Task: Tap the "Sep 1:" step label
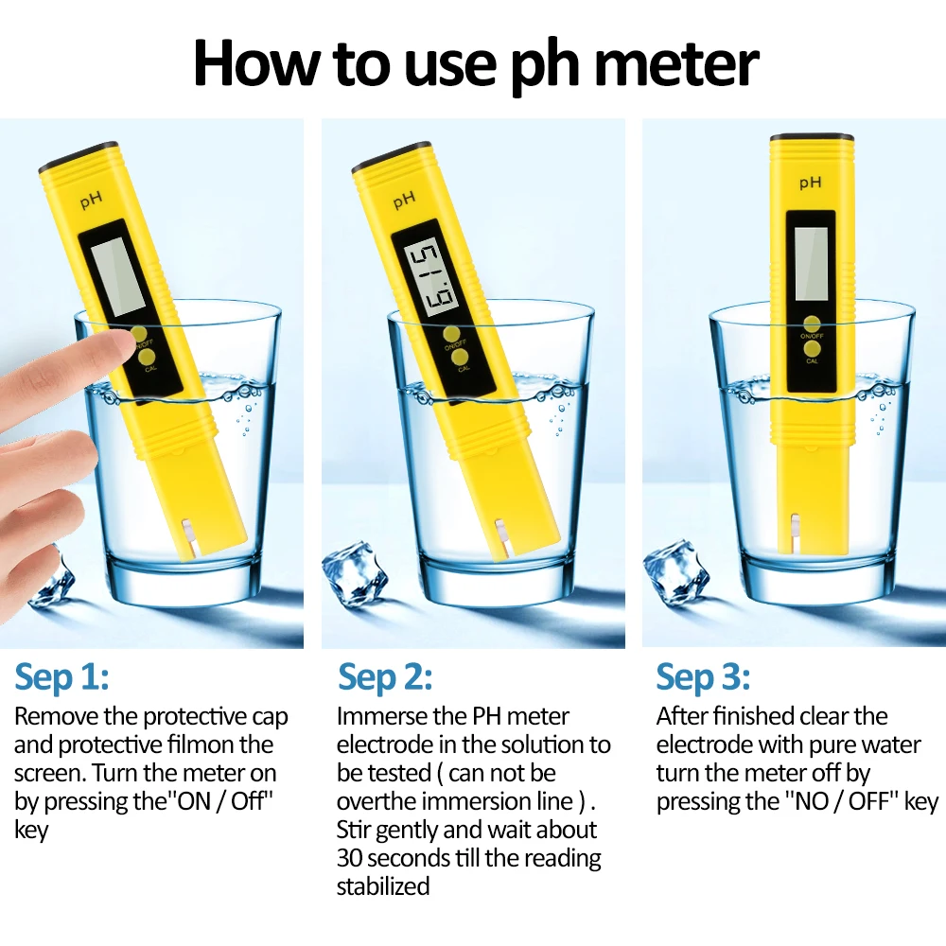point(62,677)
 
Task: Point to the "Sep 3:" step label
point(704,677)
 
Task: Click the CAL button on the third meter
point(812,351)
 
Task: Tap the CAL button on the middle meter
point(462,358)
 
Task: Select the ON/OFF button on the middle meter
point(451,335)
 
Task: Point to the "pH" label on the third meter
point(811,183)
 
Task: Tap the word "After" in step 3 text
point(681,716)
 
